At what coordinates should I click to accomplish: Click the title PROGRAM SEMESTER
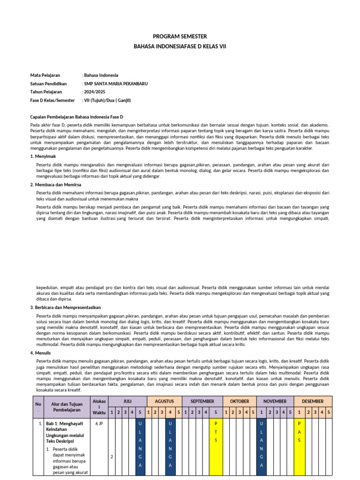(180, 37)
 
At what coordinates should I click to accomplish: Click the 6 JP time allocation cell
(99, 423)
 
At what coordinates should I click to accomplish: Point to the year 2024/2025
(94, 92)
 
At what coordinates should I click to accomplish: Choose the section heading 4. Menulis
(41, 352)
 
